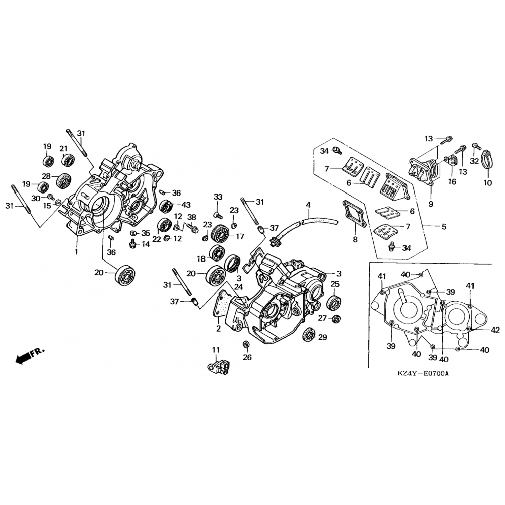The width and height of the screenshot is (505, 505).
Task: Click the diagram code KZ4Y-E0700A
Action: (x=423, y=373)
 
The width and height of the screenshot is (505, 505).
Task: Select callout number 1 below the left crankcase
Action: (x=76, y=251)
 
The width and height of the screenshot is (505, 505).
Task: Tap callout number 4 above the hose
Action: (x=308, y=205)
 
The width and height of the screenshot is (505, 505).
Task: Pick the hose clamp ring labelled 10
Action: (x=487, y=160)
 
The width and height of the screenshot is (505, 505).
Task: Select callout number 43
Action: (x=186, y=205)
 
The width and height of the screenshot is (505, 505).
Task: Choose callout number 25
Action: (x=335, y=284)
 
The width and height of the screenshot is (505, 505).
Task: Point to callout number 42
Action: (x=495, y=330)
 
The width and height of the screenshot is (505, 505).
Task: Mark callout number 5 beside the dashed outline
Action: (x=444, y=227)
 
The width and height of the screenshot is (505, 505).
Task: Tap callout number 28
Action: (x=46, y=176)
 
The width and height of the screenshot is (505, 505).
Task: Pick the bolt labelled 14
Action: (x=133, y=244)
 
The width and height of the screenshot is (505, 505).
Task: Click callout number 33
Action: (x=218, y=197)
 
